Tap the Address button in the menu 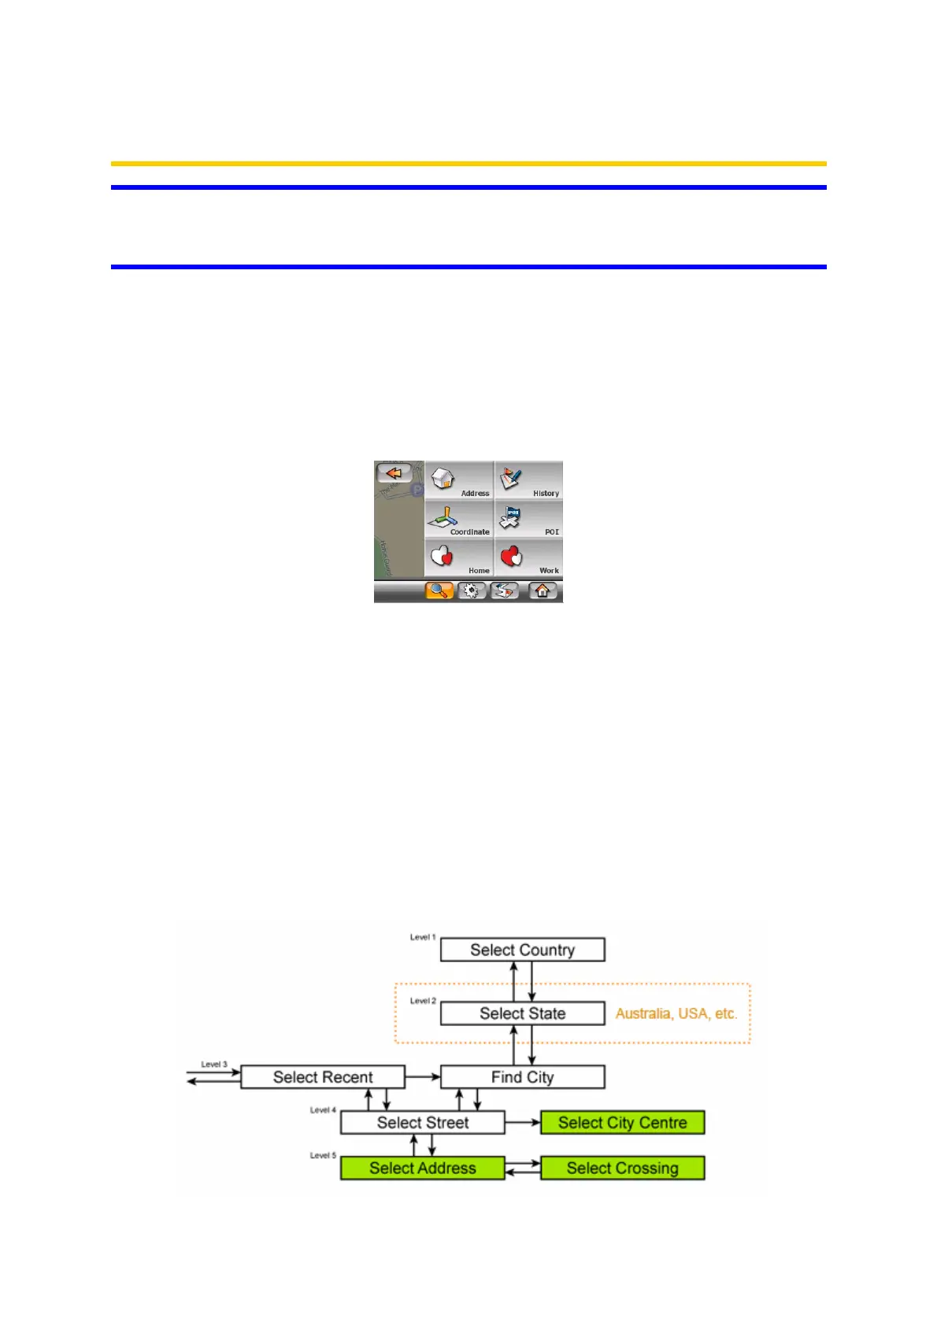point(459,481)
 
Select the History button point(528,481)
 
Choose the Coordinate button point(459,520)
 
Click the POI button point(528,520)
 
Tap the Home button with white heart point(459,558)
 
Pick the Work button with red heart point(528,558)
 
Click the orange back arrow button point(394,473)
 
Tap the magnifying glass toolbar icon point(439,591)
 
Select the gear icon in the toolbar point(472,591)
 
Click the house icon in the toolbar point(543,591)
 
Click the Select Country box point(522,950)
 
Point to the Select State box point(522,1013)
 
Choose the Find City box point(522,1077)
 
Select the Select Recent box point(323,1077)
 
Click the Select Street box point(423,1123)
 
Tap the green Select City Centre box point(622,1123)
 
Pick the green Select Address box point(423,1169)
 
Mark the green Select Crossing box point(622,1169)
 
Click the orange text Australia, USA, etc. point(676,1013)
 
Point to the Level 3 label point(214,1065)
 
